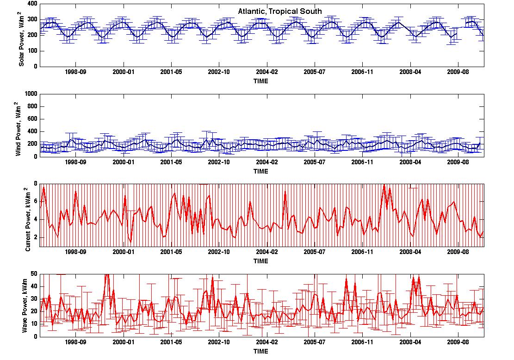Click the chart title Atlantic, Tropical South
[279, 12]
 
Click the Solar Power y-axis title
[21, 39]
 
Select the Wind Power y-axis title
[19, 129]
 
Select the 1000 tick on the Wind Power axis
[31, 94]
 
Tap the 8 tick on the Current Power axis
[36, 184]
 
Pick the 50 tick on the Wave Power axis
[34, 274]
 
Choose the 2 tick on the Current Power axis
[36, 237]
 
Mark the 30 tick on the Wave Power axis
[34, 299]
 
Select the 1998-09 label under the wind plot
[76, 162]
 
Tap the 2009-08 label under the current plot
[458, 252]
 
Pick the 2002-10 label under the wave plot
[219, 342]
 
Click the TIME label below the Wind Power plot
[261, 171]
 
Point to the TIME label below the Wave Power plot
[261, 351]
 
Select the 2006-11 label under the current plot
[362, 252]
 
